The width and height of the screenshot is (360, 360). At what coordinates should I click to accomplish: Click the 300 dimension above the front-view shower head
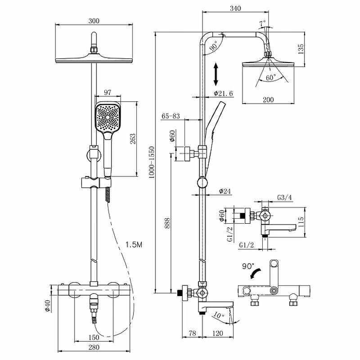point(94,21)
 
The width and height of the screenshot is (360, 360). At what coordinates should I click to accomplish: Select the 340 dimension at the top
point(235,8)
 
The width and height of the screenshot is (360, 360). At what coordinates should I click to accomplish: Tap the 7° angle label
point(262,22)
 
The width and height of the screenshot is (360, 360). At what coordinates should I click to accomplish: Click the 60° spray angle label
point(270,77)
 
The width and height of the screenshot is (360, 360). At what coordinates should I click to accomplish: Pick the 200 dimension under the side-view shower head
point(268,100)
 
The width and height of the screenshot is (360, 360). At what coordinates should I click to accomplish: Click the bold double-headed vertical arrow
point(216,74)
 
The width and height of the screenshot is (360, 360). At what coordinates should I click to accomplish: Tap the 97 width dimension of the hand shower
point(108,92)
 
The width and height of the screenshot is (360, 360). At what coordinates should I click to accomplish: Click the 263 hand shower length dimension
point(133,139)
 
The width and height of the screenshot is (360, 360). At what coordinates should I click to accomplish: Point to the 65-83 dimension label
point(171,116)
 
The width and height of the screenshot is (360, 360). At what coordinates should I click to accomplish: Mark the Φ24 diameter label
point(225,191)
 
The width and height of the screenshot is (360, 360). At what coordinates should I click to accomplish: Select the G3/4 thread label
point(284,198)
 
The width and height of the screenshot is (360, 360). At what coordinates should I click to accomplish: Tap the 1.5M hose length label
point(134,244)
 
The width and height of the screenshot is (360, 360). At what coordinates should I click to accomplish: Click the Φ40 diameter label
point(47,306)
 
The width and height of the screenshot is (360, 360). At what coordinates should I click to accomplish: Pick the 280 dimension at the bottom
point(94,347)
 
